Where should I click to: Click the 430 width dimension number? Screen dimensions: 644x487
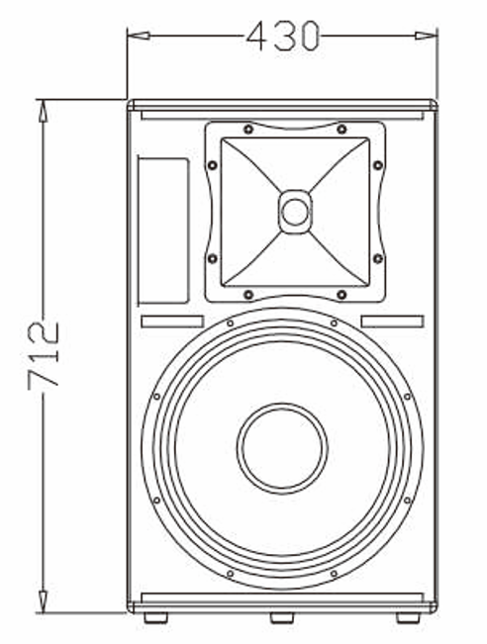(x=283, y=36)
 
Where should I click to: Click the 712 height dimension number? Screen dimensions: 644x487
(x=45, y=354)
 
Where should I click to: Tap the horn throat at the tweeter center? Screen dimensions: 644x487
(x=294, y=211)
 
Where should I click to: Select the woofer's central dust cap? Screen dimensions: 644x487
(x=282, y=447)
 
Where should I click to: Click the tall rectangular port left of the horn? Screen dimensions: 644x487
(x=162, y=230)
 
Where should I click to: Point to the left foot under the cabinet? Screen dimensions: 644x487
(x=155, y=617)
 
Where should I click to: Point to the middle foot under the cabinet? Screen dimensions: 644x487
(x=282, y=617)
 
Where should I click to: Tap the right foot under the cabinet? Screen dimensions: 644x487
(x=407, y=617)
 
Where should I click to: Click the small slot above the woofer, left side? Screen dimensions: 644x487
(x=172, y=322)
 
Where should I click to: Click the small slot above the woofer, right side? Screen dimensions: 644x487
(x=393, y=322)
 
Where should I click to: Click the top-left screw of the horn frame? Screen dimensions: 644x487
(x=247, y=129)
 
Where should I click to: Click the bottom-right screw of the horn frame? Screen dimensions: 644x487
(x=341, y=294)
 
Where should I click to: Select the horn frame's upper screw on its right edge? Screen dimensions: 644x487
(x=377, y=165)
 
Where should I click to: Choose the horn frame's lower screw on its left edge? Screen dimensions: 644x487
(x=211, y=258)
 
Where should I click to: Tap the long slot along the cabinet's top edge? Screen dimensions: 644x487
(x=282, y=115)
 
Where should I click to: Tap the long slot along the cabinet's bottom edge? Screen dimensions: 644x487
(x=282, y=597)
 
